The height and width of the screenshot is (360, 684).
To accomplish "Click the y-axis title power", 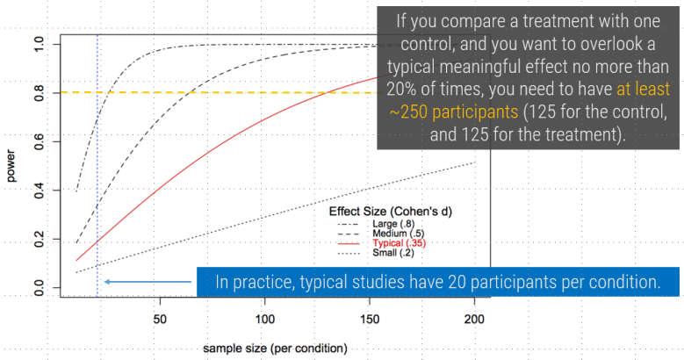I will (11, 166).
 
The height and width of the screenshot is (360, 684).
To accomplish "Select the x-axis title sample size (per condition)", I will (275, 349).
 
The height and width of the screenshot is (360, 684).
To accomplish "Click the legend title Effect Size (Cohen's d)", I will (390, 212).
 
